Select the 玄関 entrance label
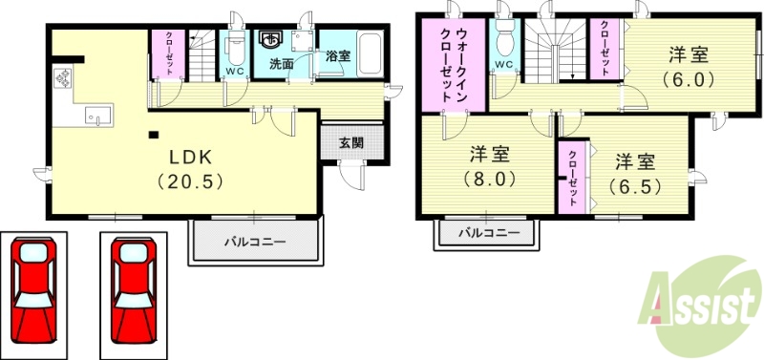tap(351, 143)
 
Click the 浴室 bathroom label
tap(337, 56)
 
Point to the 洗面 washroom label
tap(281, 65)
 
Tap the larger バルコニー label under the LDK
tap(255, 243)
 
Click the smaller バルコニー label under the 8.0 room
tap(489, 232)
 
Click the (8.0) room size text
tap(490, 178)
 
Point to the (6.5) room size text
tap(634, 185)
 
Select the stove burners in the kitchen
tap(64, 77)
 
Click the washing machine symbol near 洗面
tap(270, 40)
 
